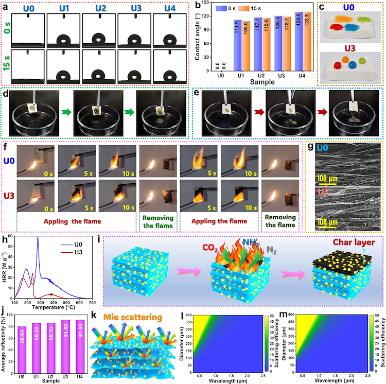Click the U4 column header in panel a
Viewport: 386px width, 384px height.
(x=168, y=9)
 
